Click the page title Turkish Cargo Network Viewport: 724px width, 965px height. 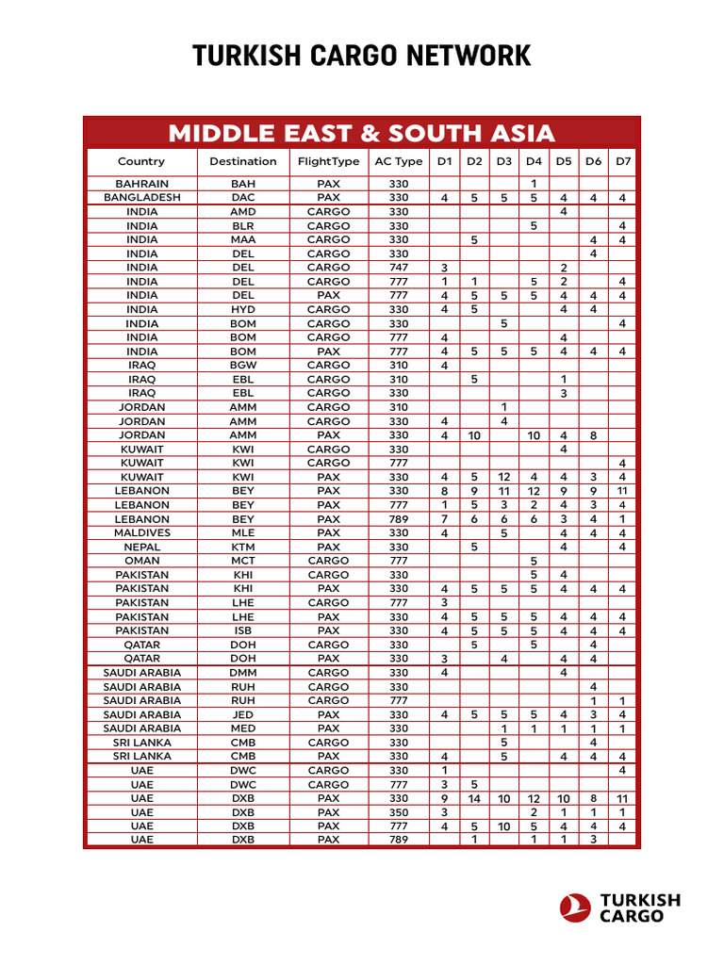click(362, 57)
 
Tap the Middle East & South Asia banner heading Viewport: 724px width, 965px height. click(361, 133)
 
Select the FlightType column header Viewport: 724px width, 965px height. click(328, 161)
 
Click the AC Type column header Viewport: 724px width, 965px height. click(399, 161)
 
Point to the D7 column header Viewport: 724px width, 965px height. click(623, 161)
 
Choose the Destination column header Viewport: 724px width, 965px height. click(243, 161)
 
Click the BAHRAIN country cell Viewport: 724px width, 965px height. click(142, 184)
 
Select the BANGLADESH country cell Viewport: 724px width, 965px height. click(142, 198)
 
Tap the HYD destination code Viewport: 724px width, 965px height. click(243, 309)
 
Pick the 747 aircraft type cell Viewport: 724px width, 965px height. click(399, 268)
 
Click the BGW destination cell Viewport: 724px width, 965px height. click(243, 365)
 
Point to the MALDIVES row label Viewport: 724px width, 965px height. click(142, 532)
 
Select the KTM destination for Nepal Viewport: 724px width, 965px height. click(243, 547)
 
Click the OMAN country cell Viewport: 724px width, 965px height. click(142, 561)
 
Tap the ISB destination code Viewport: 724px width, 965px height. click(243, 630)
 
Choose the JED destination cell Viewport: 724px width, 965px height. click(243, 714)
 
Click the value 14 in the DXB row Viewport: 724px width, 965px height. click(474, 798)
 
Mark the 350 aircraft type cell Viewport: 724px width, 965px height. click(399, 811)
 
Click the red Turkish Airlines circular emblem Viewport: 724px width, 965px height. click(575, 908)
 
